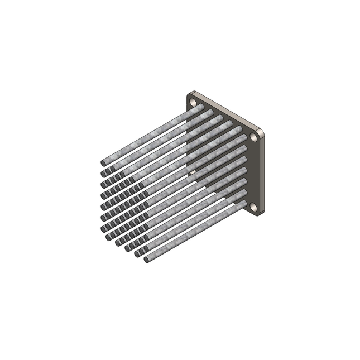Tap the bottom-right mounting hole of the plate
point(254,207)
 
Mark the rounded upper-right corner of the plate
point(261,131)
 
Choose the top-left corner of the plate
point(189,94)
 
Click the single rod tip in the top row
point(103,162)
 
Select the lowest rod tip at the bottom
point(147,260)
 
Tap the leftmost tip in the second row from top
point(103,174)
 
